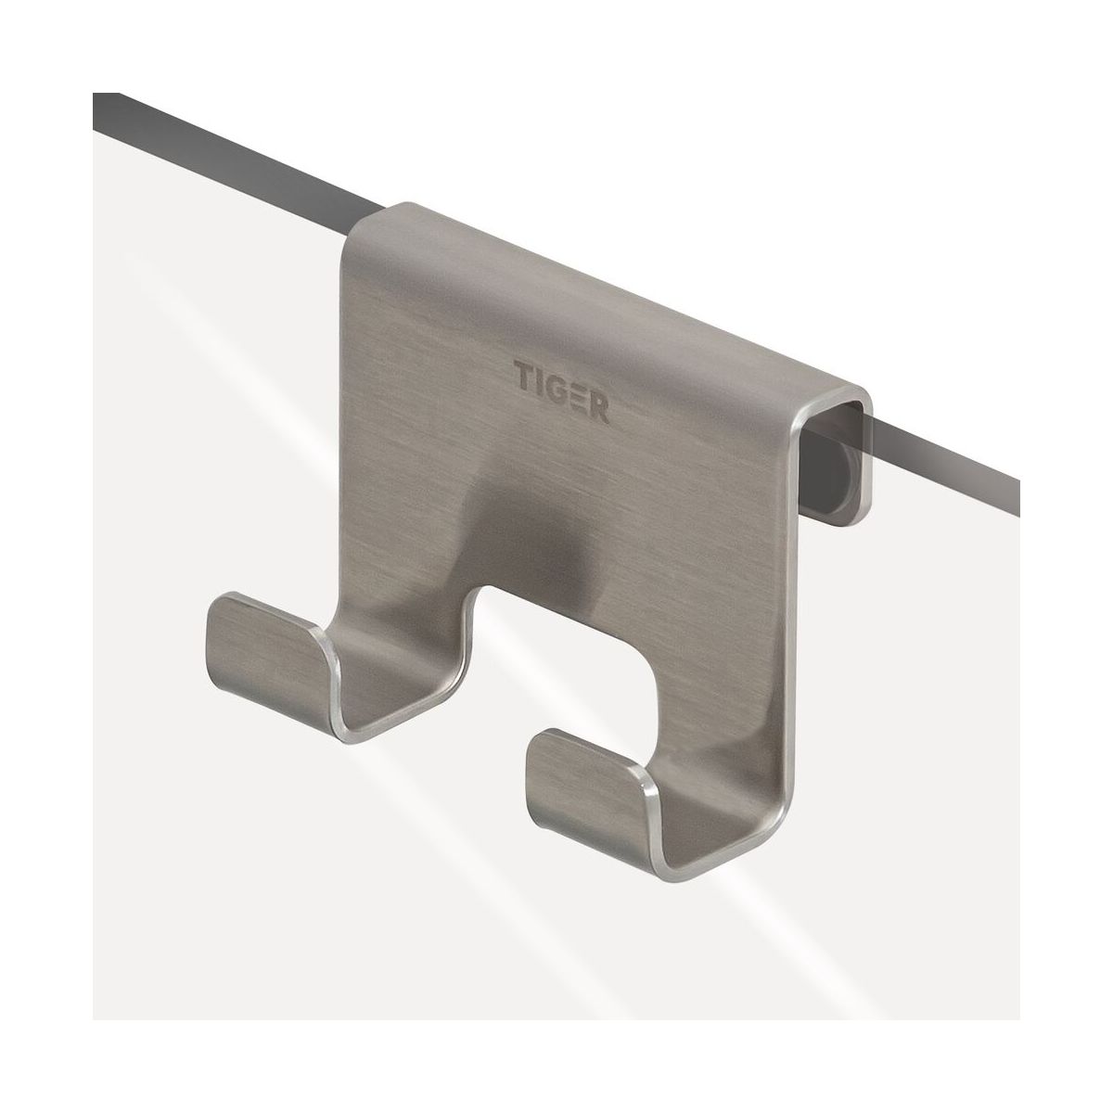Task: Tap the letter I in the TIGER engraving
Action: [x=541, y=381]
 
